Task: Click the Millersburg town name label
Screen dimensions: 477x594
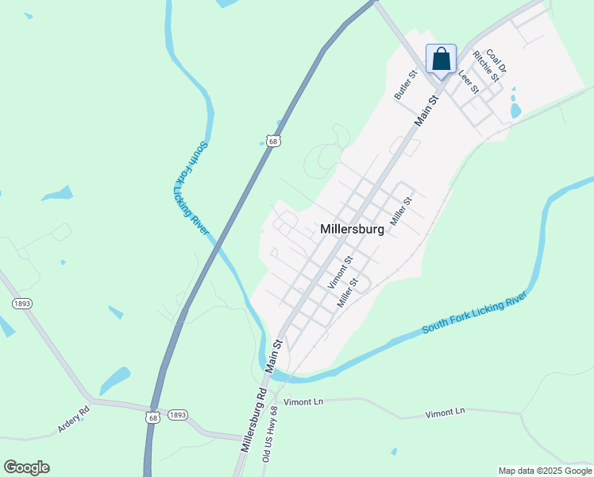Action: click(352, 229)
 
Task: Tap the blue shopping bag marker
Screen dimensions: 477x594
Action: click(442, 59)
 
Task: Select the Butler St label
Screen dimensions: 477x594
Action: click(406, 85)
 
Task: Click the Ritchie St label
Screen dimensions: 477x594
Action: click(485, 67)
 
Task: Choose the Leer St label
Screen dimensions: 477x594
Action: click(469, 82)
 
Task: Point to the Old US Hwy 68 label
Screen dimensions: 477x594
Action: click(271, 434)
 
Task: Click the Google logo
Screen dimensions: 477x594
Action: click(26, 467)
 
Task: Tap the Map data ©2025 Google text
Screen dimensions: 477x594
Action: click(546, 471)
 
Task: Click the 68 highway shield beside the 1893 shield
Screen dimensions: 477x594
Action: click(152, 417)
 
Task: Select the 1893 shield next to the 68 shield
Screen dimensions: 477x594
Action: click(178, 415)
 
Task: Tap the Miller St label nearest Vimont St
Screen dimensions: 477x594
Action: click(349, 293)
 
